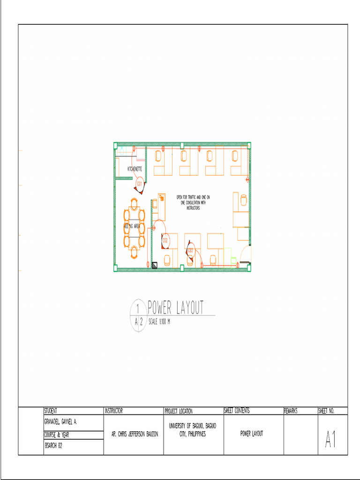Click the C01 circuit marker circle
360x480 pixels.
pos(139,184)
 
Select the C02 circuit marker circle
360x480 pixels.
pos(165,241)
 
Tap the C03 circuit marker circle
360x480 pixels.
pos(190,250)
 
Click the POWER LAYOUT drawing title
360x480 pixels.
pos(176,308)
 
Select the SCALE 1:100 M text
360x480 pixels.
pos(158,322)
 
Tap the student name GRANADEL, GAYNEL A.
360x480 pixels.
pos(60,422)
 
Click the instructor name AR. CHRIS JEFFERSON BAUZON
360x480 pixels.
pos(135,435)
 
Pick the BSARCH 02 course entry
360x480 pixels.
pos(53,446)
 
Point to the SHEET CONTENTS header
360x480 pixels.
pos(237,411)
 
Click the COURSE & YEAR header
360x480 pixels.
pos(57,435)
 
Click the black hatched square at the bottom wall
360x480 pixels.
pos(154,265)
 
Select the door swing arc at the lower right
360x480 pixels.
pos(245,255)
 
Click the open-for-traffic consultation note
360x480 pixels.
pos(193,202)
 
